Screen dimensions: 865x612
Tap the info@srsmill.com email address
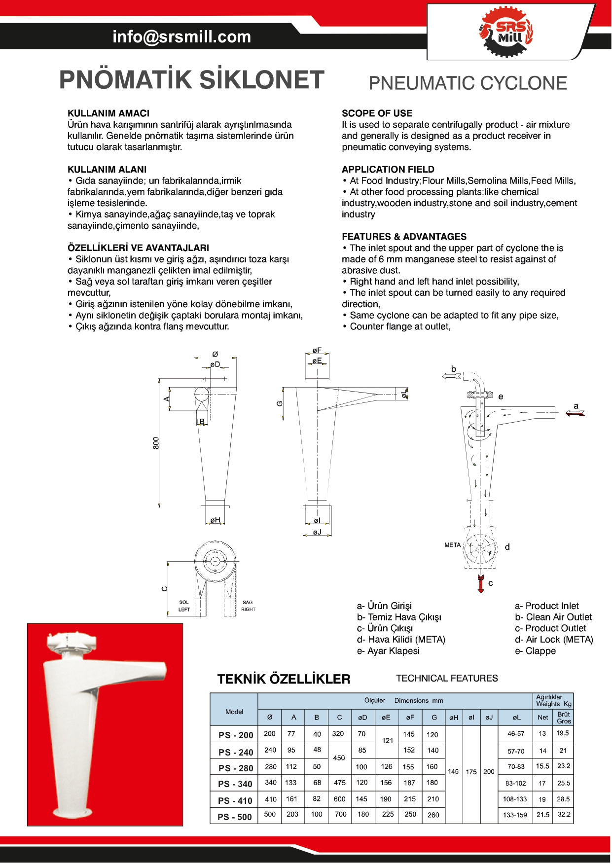coord(181,36)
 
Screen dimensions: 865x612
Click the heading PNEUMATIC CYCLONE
coord(468,83)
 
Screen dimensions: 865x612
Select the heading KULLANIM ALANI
coord(107,169)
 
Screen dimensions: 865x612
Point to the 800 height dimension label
coord(156,442)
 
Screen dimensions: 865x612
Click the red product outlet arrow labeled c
coord(481,584)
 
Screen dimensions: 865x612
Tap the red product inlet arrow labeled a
coord(575,413)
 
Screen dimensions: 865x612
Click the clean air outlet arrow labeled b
coord(451,376)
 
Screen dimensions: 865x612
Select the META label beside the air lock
coord(452,545)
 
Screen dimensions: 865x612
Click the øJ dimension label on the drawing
coord(317,532)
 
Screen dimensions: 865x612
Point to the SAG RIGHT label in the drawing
coord(248,606)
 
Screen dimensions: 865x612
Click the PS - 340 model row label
coord(235,784)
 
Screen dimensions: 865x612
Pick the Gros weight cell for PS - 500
coord(564,814)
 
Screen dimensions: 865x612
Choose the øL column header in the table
coord(516,717)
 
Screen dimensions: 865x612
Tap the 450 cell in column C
coord(339,758)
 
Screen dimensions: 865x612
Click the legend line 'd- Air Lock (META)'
coord(554,640)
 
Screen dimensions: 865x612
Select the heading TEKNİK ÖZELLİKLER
coord(284,679)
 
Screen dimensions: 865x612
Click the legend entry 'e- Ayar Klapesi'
coord(388,651)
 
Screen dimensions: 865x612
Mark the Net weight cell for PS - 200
coord(542,733)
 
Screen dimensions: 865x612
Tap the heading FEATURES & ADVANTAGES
coord(404,237)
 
